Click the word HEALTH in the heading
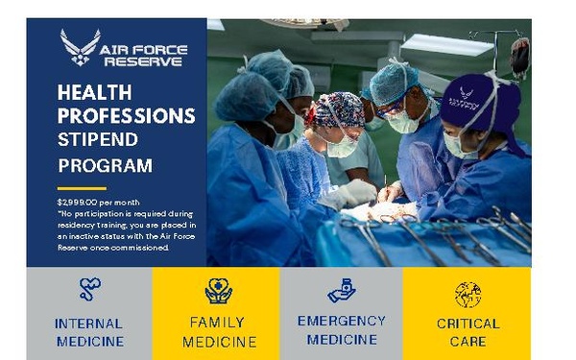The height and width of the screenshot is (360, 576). coord(93,94)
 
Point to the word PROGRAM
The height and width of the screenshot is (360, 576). coord(105,165)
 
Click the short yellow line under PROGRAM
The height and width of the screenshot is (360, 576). coord(81,188)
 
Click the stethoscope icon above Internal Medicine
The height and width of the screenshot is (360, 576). coord(89,289)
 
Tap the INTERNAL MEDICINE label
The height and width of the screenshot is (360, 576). coord(89,332)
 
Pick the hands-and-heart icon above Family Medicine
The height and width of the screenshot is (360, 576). coord(218,290)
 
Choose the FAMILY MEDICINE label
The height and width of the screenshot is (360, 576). coord(218,332)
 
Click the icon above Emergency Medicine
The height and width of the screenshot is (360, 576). coord(341,290)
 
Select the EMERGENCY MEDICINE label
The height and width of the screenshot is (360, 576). coord(341,328)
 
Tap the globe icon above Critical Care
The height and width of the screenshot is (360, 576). coord(468,294)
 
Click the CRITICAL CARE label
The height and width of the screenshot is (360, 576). coord(468,332)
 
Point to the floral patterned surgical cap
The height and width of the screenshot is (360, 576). coord(339,108)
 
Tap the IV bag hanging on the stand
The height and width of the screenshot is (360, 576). coord(519,57)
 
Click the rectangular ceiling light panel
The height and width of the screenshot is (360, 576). coord(446,44)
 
